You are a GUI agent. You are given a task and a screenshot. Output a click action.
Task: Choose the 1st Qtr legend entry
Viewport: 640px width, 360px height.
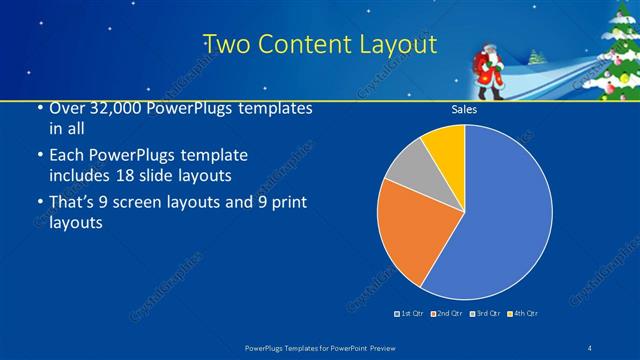409,313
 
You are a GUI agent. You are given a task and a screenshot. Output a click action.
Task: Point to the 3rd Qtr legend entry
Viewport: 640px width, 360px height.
484,313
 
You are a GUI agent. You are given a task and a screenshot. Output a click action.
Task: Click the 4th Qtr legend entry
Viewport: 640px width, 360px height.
522,313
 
